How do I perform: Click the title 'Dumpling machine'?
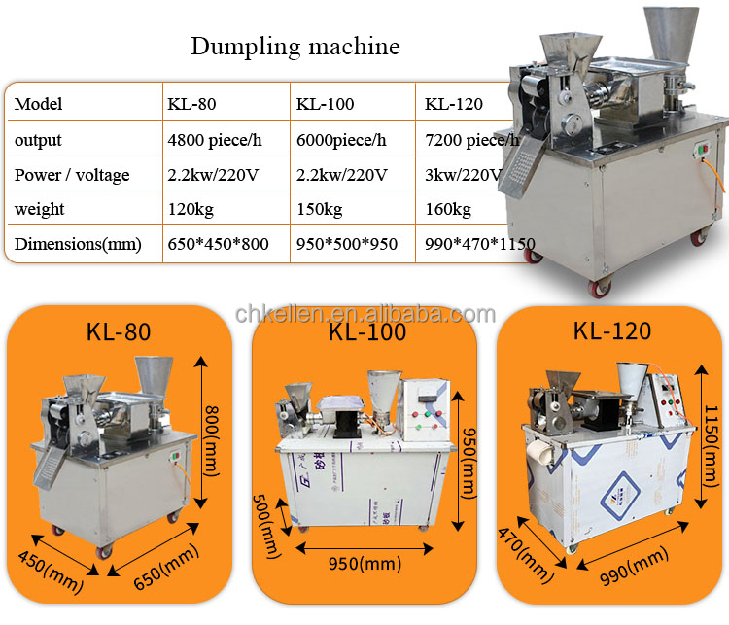coord(295,46)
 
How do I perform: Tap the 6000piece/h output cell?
coord(340,140)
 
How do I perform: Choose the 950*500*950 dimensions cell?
coord(346,245)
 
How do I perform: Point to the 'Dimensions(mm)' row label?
coord(78,245)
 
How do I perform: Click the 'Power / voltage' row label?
coord(72,175)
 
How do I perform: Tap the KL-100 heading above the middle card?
coord(366,332)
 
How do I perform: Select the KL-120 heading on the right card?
coord(611,330)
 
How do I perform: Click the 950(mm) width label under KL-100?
coord(365,564)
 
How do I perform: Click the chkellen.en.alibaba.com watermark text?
coord(365,313)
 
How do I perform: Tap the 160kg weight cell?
coord(448,210)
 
